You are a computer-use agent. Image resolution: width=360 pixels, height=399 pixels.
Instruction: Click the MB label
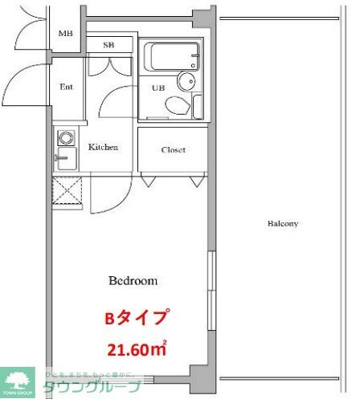(66, 34)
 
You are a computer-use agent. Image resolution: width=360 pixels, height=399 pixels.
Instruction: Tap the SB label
(108, 45)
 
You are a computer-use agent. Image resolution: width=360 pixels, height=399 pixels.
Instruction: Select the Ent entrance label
(67, 87)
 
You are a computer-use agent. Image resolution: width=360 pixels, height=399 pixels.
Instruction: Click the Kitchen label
(103, 147)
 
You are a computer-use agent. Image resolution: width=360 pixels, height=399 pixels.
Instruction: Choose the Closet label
(173, 149)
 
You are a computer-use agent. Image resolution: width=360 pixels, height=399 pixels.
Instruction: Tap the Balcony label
(283, 223)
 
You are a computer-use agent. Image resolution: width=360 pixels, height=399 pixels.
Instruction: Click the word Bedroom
(133, 281)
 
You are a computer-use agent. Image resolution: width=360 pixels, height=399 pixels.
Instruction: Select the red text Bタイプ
(137, 318)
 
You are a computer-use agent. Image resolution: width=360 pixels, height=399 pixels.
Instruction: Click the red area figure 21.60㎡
(137, 349)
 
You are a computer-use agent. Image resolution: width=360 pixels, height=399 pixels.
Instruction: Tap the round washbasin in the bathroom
(187, 80)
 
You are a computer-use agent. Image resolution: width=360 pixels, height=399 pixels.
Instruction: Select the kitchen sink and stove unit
(65, 149)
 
